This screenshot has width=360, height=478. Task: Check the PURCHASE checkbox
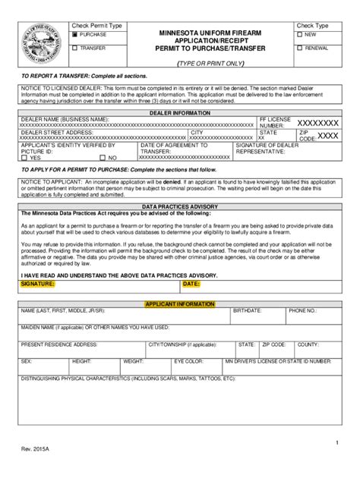point(74,35)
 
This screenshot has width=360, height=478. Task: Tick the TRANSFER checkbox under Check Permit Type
point(74,48)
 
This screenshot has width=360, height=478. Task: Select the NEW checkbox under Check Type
point(300,35)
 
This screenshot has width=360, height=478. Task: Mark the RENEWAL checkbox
point(300,48)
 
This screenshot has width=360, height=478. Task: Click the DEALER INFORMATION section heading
point(181,112)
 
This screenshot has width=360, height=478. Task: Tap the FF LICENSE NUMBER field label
point(274,123)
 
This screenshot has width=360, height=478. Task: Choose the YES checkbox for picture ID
point(26,157)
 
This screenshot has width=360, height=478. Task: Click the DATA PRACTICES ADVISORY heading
point(181,207)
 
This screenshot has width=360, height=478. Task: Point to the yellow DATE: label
point(191,284)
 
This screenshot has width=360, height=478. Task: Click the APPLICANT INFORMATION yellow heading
point(181,303)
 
